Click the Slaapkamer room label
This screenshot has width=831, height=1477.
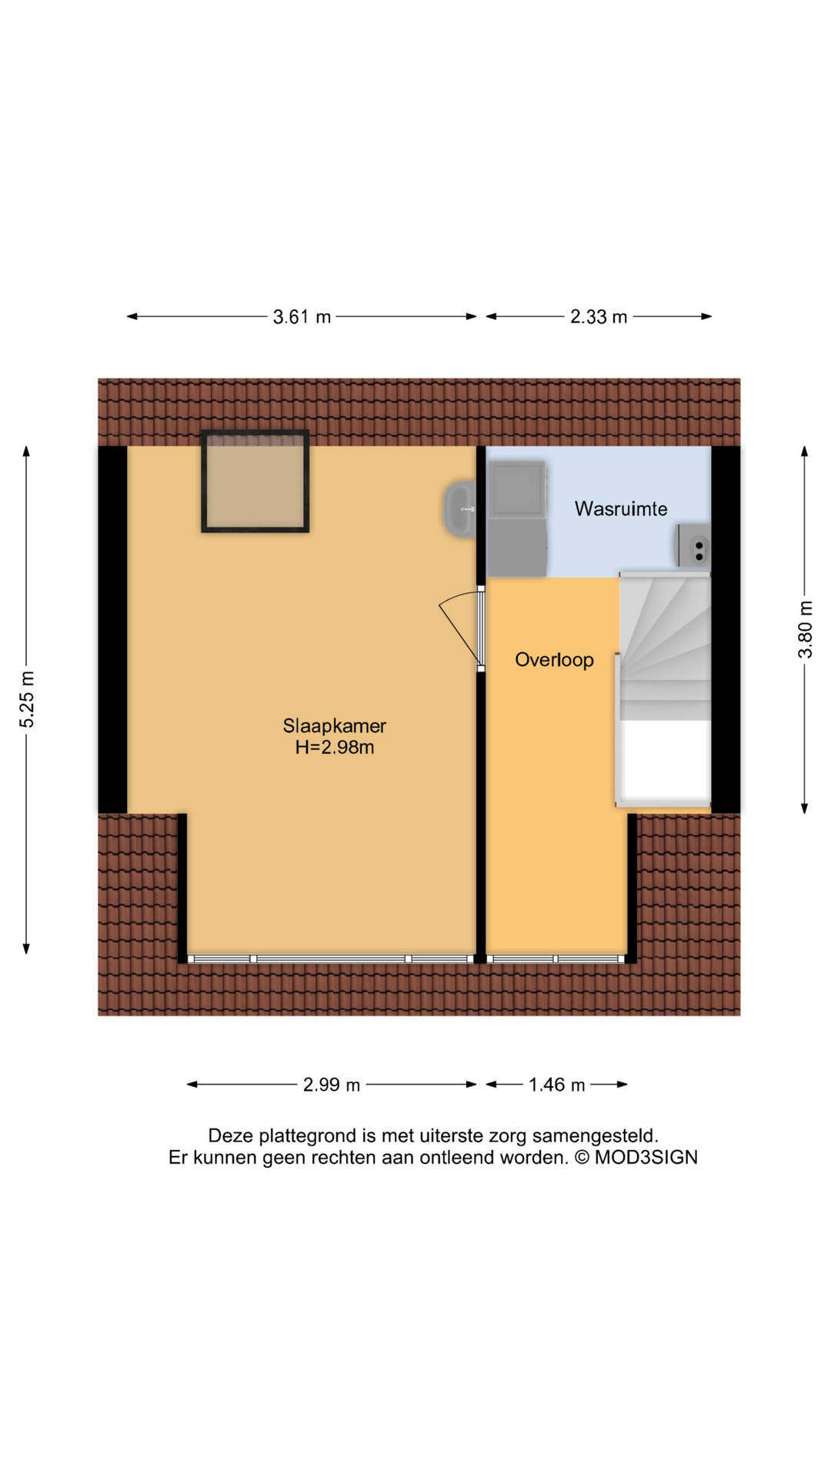point(334,725)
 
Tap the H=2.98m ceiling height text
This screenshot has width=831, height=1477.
point(335,747)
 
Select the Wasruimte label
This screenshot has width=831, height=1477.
point(621,508)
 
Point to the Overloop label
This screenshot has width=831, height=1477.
point(554,660)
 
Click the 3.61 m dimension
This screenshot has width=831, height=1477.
point(302,317)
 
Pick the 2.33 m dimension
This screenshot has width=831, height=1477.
point(599,317)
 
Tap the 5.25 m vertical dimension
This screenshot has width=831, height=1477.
point(27,699)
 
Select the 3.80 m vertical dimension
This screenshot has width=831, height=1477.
point(805,629)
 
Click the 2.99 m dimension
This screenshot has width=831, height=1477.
point(332,1085)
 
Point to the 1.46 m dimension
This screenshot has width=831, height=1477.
point(556,1085)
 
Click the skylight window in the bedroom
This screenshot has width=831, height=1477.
point(255,482)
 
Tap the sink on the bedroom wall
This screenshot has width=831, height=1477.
point(459,508)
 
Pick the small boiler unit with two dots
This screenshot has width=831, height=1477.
point(692,545)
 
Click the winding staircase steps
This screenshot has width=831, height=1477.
point(665,646)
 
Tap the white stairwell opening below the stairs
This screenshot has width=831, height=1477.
point(666,760)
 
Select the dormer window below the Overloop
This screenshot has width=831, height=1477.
point(557,959)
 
